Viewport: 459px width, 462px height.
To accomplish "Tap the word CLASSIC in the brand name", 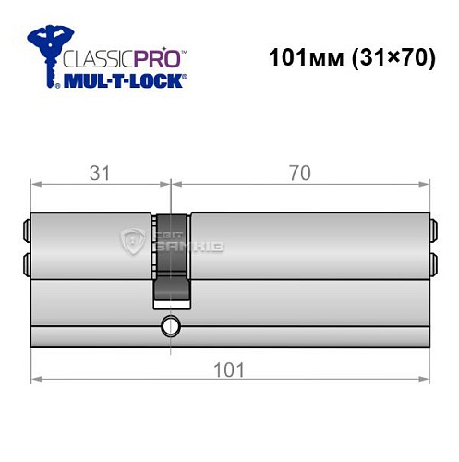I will pyautogui.click(x=93, y=57).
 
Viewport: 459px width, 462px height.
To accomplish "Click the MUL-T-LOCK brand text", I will pyautogui.click(x=124, y=80).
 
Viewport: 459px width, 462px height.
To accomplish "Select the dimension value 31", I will pyautogui.click(x=100, y=170).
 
